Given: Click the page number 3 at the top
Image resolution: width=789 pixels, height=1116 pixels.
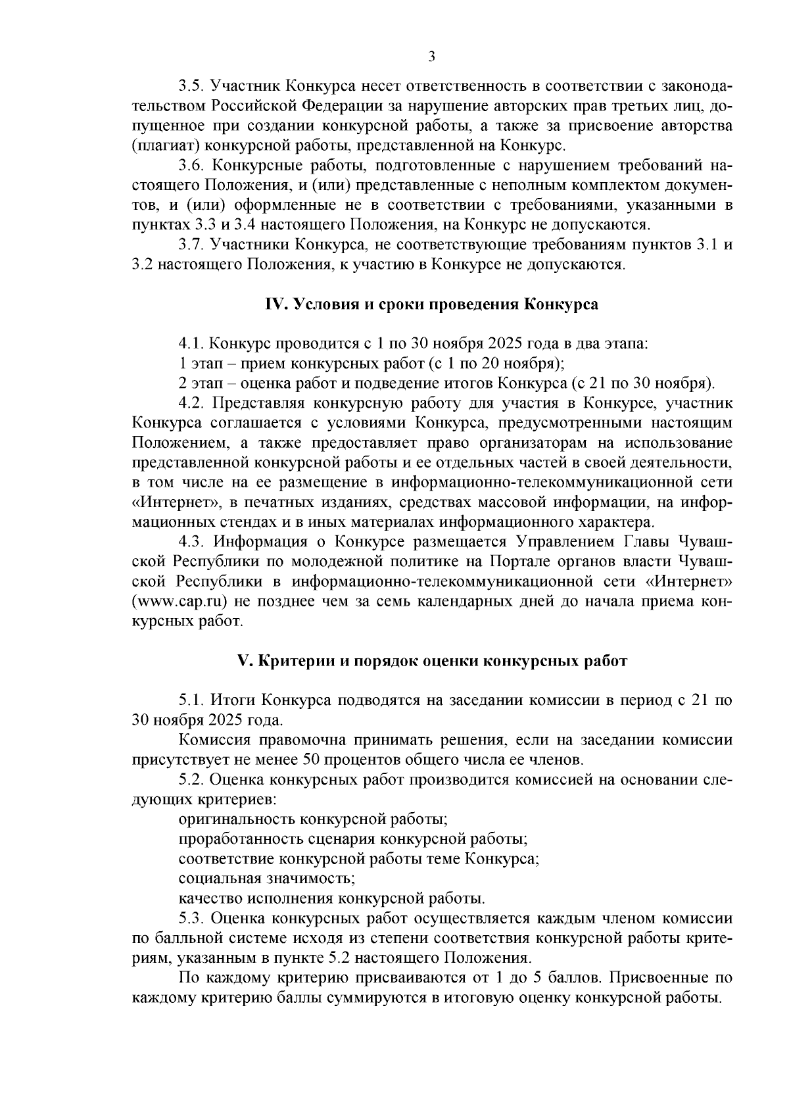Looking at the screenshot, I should click(x=431, y=57).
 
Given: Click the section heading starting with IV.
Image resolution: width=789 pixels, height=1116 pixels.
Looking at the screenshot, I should click(x=431, y=304).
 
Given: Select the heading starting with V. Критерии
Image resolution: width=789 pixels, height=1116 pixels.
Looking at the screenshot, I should click(x=431, y=661).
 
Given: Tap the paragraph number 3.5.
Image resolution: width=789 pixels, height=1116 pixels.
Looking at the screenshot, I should click(x=190, y=87).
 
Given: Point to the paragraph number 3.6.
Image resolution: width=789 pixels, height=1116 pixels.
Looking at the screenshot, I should click(x=190, y=166).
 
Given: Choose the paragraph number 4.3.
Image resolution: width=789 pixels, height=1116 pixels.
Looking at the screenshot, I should click(x=190, y=542).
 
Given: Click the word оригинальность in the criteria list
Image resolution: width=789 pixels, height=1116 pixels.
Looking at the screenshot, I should click(x=237, y=819).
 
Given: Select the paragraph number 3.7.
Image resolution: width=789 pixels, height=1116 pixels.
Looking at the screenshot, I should click(x=190, y=245).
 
